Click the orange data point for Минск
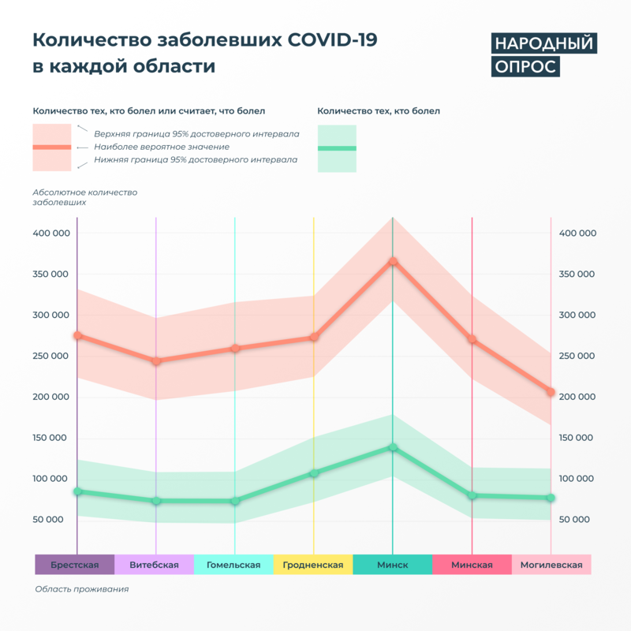pos(393,262)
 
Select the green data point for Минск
pos(393,448)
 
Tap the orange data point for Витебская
pos(156,361)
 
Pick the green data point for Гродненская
pos(314,473)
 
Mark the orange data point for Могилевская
pos(551,392)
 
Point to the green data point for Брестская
pos(77,491)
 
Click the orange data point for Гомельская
pos(235,348)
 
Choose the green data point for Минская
pos(472,495)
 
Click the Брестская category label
pos(75,565)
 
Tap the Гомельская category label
pos(233,565)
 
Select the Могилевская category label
pos(551,565)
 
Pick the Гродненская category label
pos(313,565)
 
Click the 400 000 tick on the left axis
pos(51,233)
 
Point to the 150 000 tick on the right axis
pos(577,438)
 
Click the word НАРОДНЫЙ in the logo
pos(543,43)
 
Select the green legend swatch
pos(337,148)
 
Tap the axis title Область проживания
pos(81,589)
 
